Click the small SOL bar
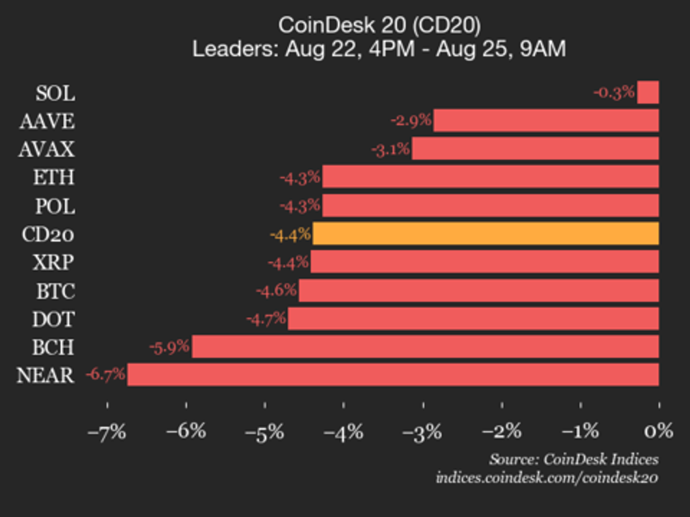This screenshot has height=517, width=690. click(x=648, y=92)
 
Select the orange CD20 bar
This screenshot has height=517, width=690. click(x=485, y=234)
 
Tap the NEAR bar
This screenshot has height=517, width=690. click(x=393, y=374)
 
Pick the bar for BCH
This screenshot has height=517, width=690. click(x=425, y=347)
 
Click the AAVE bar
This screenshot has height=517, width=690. click(x=546, y=121)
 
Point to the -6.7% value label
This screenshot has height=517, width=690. click(x=105, y=374)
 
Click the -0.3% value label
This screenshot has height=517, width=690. click(x=614, y=92)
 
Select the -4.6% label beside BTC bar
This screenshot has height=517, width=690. click(x=276, y=290)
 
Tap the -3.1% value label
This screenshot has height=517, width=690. click(x=391, y=149)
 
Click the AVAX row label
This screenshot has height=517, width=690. click(x=46, y=149)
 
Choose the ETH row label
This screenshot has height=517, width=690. click(x=54, y=178)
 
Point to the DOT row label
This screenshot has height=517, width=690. click(x=53, y=319)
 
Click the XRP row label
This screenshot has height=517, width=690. click(x=53, y=262)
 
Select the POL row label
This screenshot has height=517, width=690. click(x=55, y=206)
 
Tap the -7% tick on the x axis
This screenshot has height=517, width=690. click(x=107, y=432)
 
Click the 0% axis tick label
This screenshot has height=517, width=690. click(x=658, y=431)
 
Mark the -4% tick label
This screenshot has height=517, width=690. click(x=343, y=432)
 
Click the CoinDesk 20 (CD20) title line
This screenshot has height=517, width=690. click(x=379, y=25)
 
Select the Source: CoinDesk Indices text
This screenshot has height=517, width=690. click(x=574, y=459)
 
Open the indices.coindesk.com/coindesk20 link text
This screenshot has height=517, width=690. click(x=547, y=477)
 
